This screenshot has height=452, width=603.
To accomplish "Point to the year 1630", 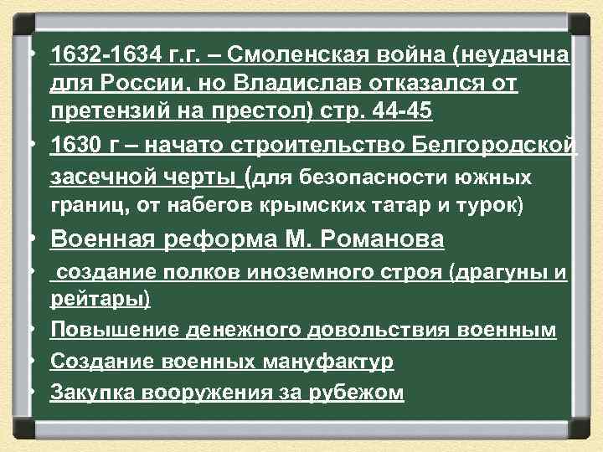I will tap(75, 146).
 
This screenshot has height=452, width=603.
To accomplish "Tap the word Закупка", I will tap(93, 392).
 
